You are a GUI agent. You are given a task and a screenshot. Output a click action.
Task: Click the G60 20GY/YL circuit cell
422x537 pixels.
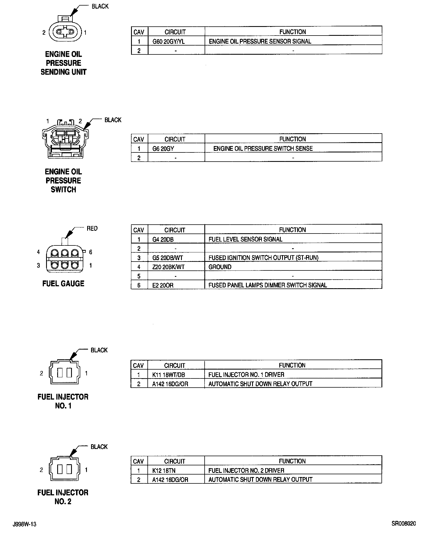(x=169, y=42)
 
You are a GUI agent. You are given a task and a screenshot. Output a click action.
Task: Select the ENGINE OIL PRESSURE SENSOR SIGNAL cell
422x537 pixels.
(x=260, y=42)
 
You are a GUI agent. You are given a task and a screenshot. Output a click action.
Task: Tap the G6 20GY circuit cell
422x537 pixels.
(x=163, y=149)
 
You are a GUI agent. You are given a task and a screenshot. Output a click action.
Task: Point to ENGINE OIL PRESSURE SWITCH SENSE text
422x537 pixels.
(x=263, y=149)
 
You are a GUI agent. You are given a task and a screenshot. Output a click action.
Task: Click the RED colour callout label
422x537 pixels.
(x=92, y=229)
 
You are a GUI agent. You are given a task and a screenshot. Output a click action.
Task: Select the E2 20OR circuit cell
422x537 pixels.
(x=163, y=285)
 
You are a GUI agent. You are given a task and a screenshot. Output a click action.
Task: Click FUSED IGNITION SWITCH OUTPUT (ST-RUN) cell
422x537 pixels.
(x=263, y=258)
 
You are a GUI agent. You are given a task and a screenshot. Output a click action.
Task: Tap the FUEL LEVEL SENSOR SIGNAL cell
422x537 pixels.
(x=245, y=239)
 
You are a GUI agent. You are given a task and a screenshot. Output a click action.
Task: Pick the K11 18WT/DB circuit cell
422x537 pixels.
(x=169, y=375)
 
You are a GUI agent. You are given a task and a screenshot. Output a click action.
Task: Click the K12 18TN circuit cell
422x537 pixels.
(x=164, y=471)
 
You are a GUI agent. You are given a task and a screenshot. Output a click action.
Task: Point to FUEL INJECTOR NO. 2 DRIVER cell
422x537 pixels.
(x=246, y=471)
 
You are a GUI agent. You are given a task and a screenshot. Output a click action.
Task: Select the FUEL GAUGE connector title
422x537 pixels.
(x=63, y=284)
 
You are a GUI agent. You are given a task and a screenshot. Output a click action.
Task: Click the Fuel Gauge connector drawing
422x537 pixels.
(x=64, y=258)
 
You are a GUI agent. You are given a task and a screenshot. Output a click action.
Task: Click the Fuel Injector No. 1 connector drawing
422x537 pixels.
(x=64, y=372)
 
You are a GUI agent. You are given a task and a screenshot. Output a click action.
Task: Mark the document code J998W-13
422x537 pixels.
(x=24, y=524)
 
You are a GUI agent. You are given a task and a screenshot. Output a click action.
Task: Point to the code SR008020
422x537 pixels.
(x=403, y=524)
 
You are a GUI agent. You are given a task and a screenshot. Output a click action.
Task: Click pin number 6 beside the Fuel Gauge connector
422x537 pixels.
(x=91, y=252)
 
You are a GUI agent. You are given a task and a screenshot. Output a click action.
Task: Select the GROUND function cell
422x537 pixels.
(x=220, y=267)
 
